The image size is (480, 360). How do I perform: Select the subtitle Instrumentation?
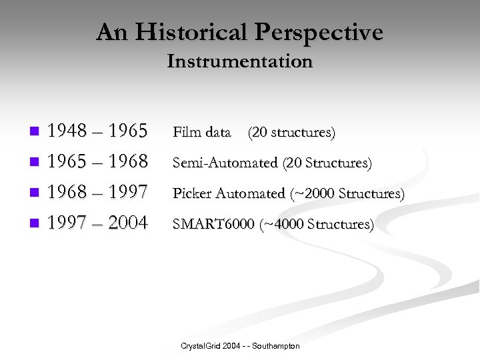pyautogui.click(x=239, y=61)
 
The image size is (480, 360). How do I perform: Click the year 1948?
pyautogui.click(x=67, y=131)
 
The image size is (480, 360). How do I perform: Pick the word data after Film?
pyautogui.click(x=217, y=132)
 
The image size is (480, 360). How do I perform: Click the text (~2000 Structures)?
pyautogui.click(x=347, y=193)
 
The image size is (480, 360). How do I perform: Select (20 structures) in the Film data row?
pyautogui.click(x=291, y=132)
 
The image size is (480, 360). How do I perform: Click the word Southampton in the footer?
pyautogui.click(x=275, y=346)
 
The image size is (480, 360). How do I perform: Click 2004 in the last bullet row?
pyautogui.click(x=127, y=223)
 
